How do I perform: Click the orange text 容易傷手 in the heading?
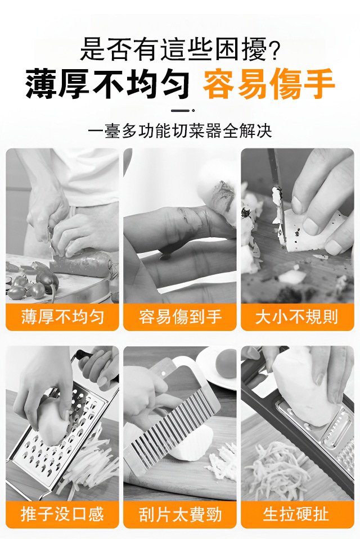(x=268, y=84)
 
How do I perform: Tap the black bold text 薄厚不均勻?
(x=107, y=84)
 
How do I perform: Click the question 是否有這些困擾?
(x=179, y=49)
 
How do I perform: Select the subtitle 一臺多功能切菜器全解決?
(x=179, y=131)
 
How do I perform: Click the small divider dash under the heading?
(x=183, y=110)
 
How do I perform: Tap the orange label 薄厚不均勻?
(x=62, y=316)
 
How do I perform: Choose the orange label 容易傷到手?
(x=179, y=316)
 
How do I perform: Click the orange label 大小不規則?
(x=297, y=316)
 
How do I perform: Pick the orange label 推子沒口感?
(x=62, y=514)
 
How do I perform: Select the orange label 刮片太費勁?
(x=179, y=514)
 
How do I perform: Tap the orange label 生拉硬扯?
(x=297, y=514)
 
